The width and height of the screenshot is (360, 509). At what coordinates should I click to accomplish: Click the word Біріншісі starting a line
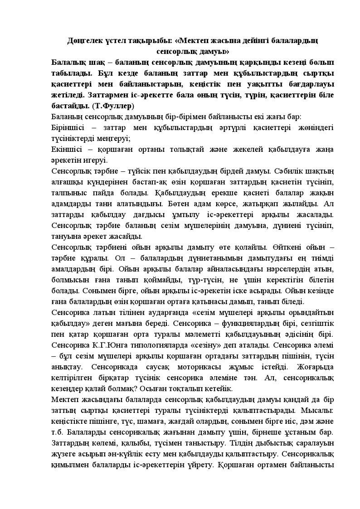[x=68, y=128]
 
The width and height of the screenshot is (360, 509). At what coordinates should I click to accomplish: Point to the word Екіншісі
[x=66, y=150]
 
